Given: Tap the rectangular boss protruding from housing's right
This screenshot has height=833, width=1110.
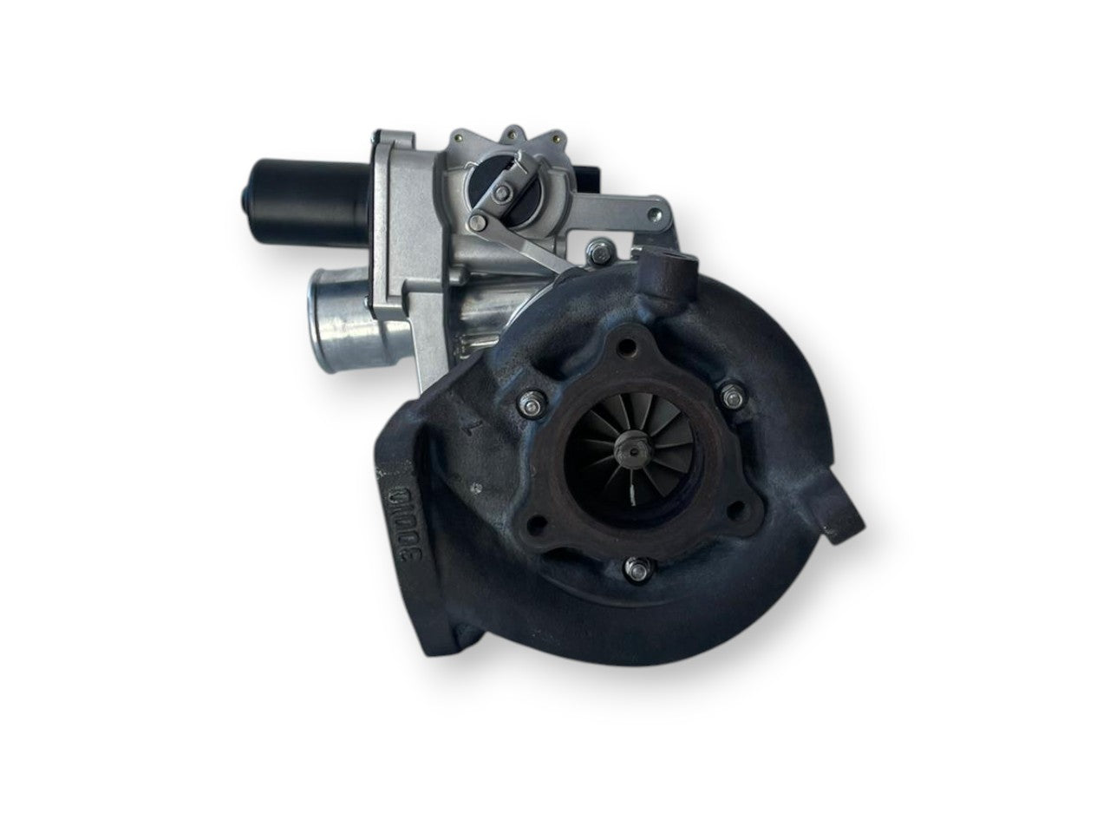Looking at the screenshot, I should [x=841, y=519].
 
